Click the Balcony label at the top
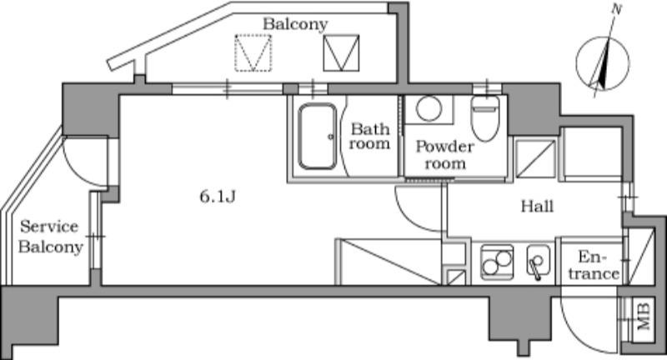coord(295,23)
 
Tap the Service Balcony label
coord(49,237)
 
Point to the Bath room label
coord(369,137)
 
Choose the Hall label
coord(537,206)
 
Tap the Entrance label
coord(598,265)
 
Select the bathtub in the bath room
coord(317,137)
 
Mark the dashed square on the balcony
coord(253,52)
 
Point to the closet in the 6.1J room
coord(389,262)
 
